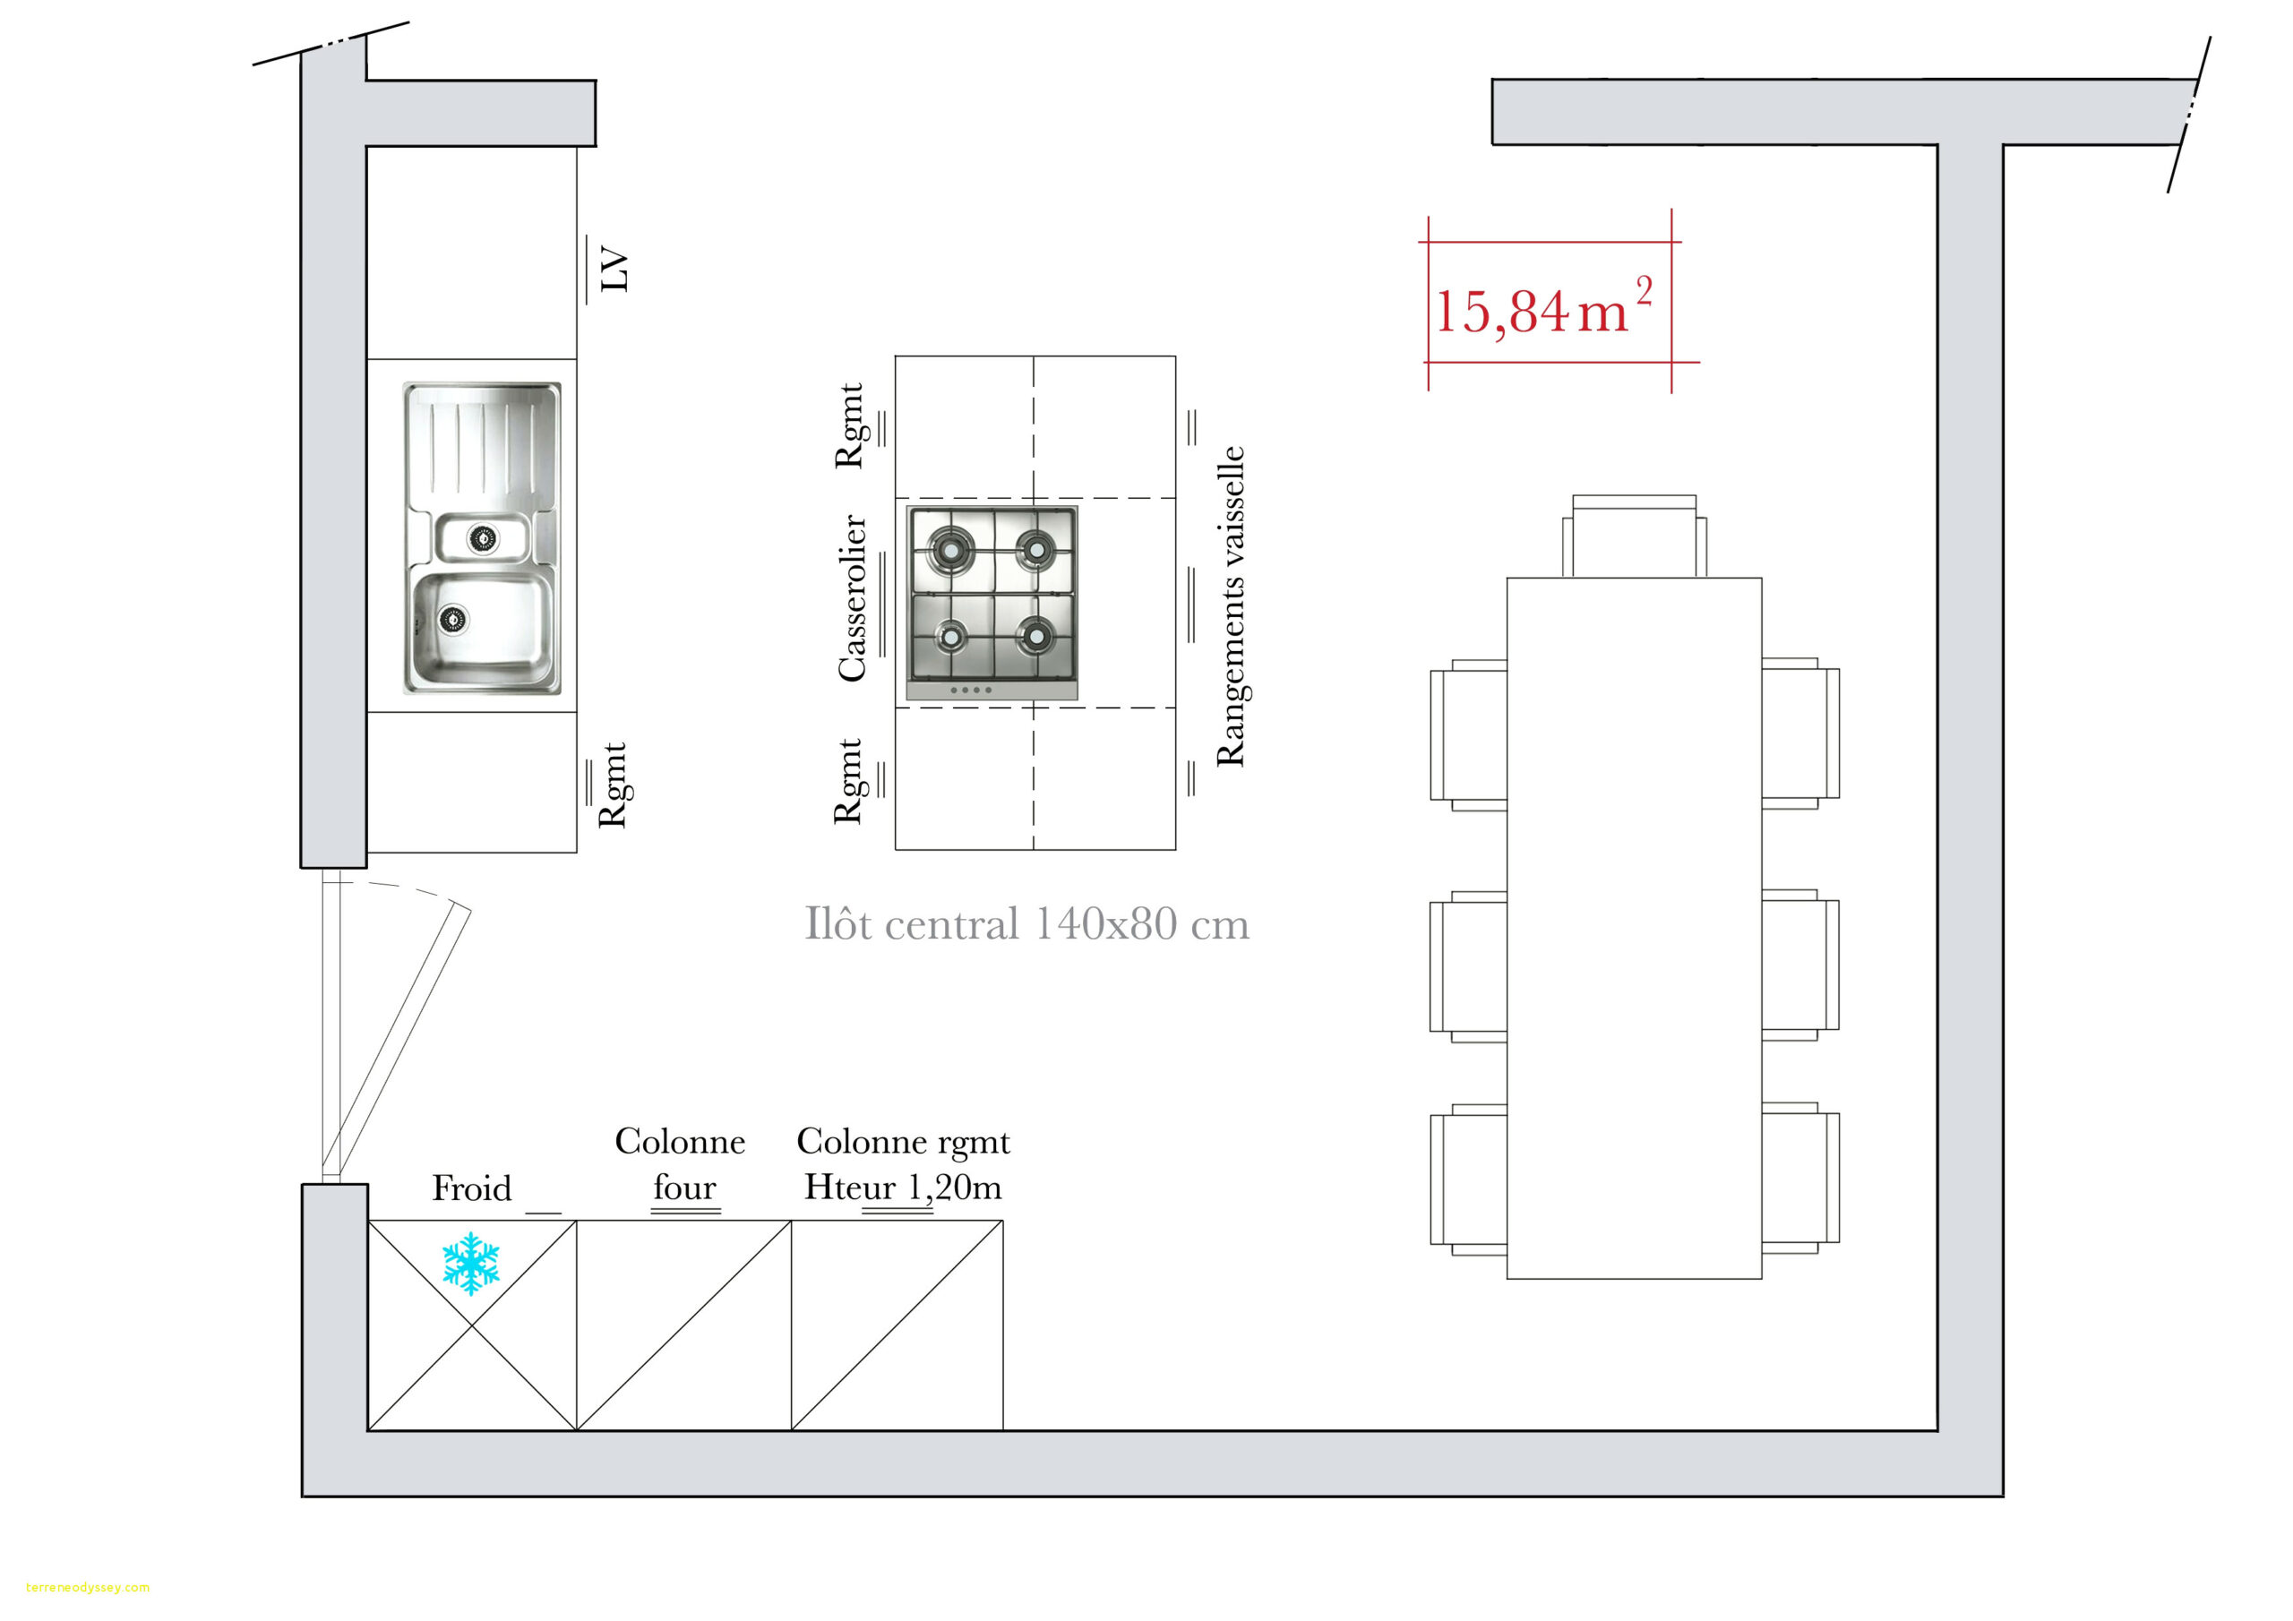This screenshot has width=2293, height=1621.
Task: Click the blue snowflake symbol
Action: [470, 1264]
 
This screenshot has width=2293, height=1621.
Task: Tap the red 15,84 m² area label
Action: [1543, 307]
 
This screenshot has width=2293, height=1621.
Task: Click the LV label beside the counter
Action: [614, 269]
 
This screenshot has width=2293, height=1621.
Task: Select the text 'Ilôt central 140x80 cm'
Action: [1026, 925]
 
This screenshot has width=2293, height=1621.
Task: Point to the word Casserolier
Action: [851, 598]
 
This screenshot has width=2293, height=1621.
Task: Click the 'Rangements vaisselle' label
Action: [1231, 606]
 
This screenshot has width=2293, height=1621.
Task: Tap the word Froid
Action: [471, 1188]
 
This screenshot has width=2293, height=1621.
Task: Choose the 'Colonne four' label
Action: [680, 1163]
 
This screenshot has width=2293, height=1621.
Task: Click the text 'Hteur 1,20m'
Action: [903, 1187]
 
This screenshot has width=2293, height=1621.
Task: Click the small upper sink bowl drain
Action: [483, 538]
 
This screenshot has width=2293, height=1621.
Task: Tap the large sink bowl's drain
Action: [452, 619]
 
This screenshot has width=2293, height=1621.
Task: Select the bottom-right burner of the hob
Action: [1035, 633]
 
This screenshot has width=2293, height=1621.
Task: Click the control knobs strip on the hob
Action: [992, 690]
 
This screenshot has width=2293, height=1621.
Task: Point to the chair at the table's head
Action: [1634, 536]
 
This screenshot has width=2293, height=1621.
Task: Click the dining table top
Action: [1634, 928]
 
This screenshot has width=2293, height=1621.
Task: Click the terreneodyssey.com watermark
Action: [88, 1587]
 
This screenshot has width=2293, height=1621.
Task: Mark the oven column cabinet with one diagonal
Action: [684, 1325]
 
